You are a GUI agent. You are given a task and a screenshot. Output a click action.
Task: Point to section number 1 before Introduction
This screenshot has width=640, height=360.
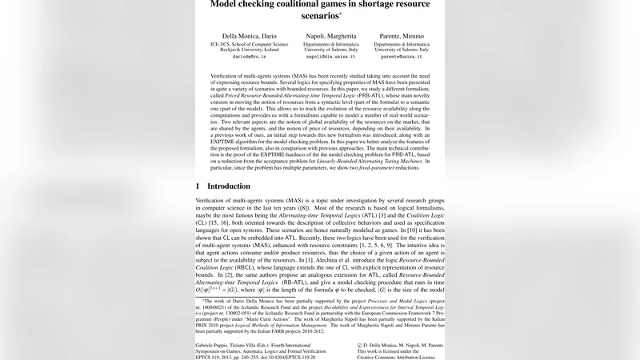tap(198, 208)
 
